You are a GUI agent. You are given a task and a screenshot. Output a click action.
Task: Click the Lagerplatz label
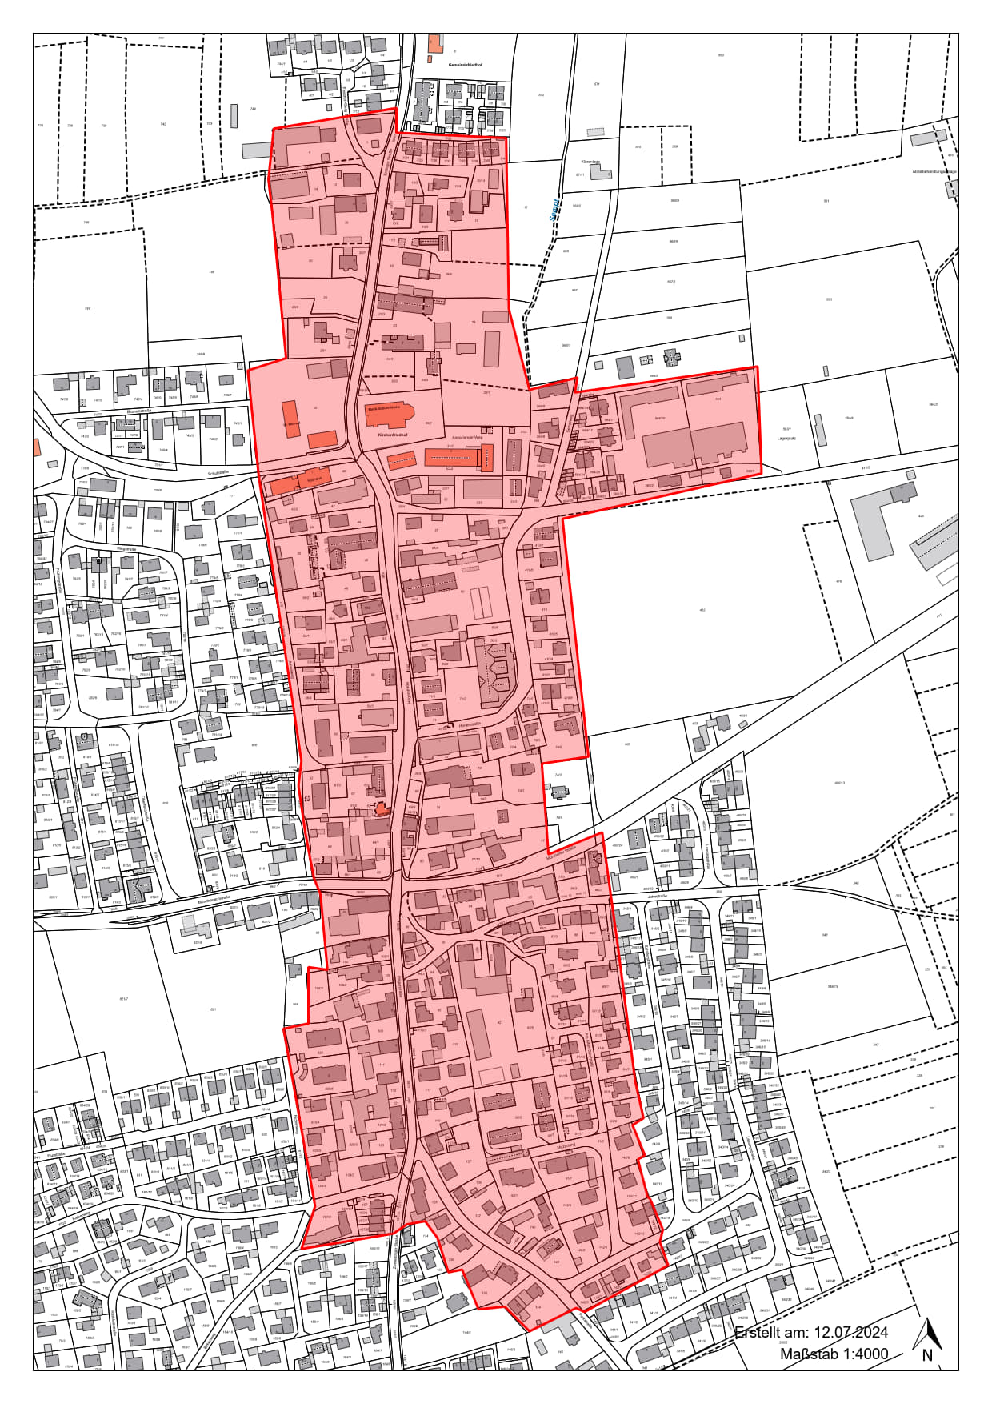tap(787, 439)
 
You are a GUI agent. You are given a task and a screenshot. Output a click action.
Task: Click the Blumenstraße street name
tap(138, 410)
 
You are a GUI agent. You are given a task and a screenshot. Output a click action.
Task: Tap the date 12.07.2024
tap(850, 1332)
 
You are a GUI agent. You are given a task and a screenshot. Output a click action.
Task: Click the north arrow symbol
tap(928, 1331)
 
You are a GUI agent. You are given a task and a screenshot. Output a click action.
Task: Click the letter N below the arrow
tap(927, 1354)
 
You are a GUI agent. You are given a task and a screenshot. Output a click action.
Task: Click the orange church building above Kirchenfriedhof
tap(389, 413)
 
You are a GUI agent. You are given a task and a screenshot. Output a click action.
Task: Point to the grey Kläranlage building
tap(601, 173)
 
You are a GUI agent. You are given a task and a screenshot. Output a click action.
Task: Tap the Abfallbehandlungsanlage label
tap(934, 171)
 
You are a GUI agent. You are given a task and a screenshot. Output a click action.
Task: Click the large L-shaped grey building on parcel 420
tap(876, 520)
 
